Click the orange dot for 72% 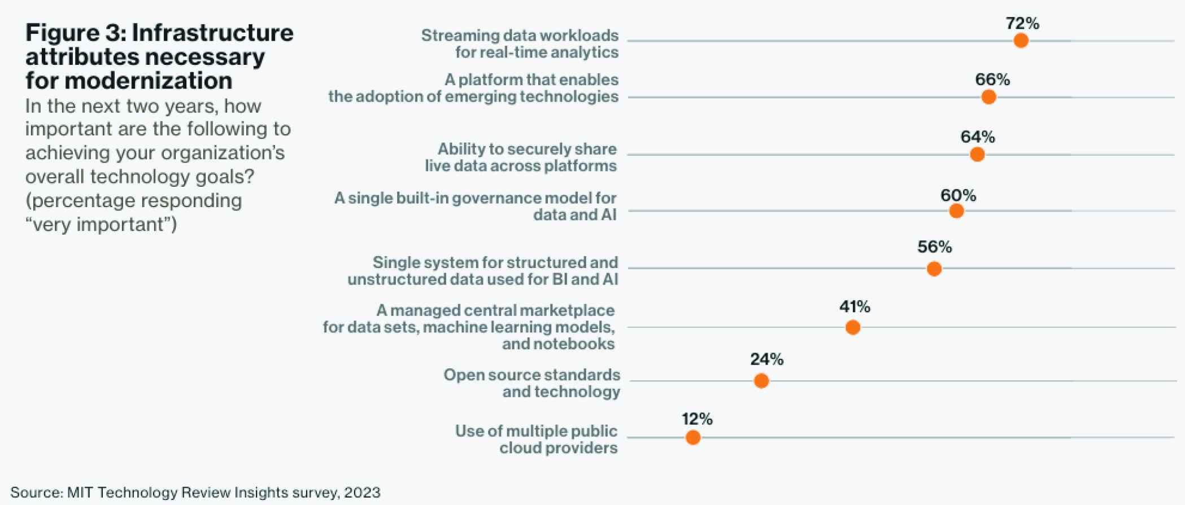click(1021, 41)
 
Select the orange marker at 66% click(988, 97)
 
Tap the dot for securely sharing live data click(977, 155)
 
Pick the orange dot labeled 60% click(956, 211)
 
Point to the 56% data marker click(934, 269)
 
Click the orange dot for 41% click(853, 327)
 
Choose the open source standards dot click(761, 381)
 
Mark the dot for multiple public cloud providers click(693, 437)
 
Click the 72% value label click(1022, 24)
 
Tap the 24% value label click(766, 359)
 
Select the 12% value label click(697, 419)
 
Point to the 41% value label click(855, 307)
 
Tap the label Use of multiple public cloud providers click(536, 439)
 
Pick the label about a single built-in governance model click(475, 206)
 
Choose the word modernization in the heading click(149, 81)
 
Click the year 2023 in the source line click(362, 493)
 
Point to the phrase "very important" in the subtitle click(101, 225)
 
